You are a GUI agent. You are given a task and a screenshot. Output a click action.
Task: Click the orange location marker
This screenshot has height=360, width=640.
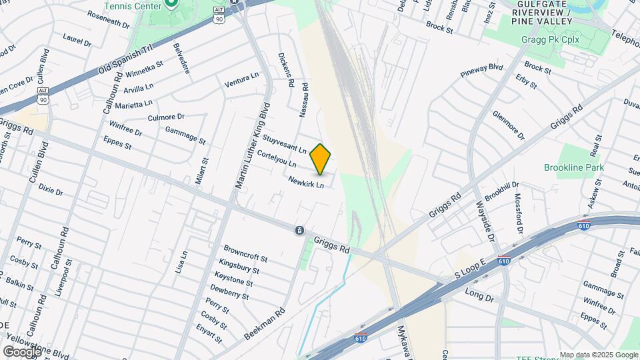pos(321,159)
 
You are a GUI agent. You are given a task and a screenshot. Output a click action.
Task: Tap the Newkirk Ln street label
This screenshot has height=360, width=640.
pos(306,181)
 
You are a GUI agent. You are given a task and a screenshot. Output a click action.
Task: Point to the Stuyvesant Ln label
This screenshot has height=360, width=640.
pos(284,144)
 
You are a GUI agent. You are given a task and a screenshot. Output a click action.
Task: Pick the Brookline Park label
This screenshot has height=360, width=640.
pos(573,167)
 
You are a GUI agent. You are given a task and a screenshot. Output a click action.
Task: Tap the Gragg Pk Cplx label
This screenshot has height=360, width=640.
pos(550,40)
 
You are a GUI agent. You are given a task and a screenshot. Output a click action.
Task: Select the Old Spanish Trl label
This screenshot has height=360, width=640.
pos(126,60)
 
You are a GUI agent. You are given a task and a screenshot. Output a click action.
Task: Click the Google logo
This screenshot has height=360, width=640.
pos(22,351)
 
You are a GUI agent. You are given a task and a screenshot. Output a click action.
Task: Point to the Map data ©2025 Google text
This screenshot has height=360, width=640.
pos(599,355)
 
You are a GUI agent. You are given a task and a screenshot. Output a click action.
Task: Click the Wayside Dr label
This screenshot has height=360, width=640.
pos(485,221)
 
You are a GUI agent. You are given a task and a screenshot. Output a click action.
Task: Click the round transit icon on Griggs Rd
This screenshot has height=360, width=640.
pos(300,230)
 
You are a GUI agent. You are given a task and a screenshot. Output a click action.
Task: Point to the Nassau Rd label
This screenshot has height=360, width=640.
pos(305,100)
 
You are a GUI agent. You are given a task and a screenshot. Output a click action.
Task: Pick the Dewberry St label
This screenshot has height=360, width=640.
pos(230,291)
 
